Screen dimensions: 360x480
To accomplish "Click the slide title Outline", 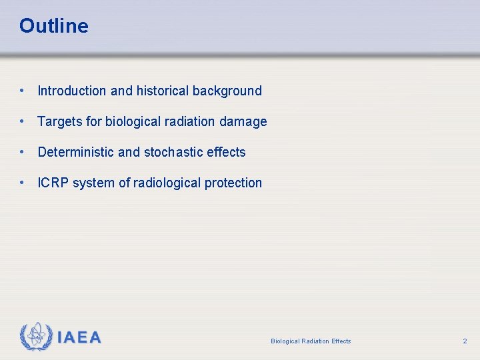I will (53, 26).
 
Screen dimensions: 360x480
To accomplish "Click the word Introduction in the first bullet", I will (71, 91).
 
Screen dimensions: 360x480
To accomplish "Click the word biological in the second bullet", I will (133, 122).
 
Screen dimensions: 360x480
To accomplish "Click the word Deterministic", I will (76, 153).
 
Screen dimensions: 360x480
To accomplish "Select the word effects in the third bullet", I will (226, 153).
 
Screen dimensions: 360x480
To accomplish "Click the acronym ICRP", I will (53, 183).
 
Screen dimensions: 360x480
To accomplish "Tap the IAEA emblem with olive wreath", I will (36, 337).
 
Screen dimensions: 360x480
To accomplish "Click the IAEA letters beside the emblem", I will (79, 338).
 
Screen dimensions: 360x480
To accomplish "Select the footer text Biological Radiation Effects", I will (311, 341).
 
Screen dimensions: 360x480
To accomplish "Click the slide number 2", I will (465, 341).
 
